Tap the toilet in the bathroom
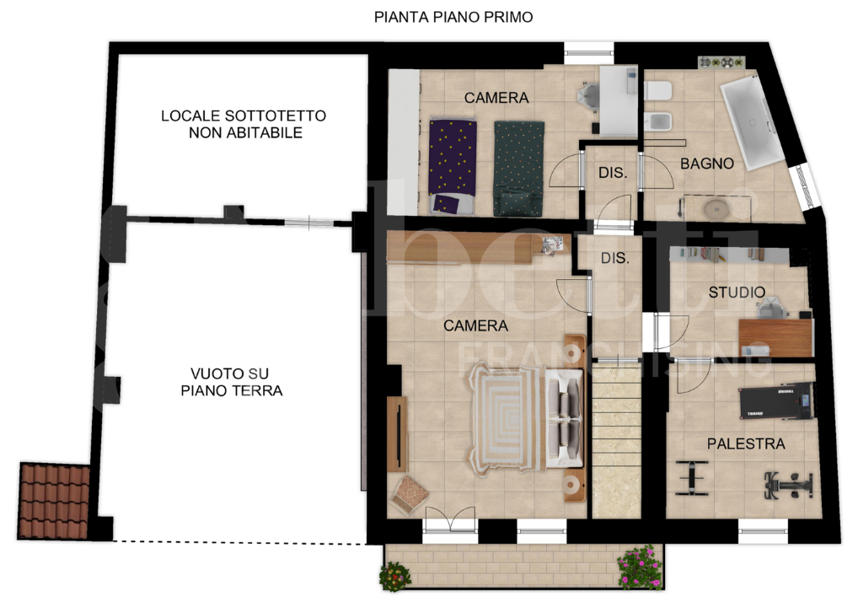(x=659, y=90)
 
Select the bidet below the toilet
(x=659, y=121)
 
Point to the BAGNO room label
(x=706, y=164)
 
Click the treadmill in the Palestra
(x=777, y=400)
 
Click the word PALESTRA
(x=746, y=443)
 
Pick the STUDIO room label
(x=737, y=293)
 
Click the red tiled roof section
(x=54, y=500)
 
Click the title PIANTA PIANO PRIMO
(x=453, y=17)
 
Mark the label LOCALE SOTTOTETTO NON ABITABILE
(x=244, y=124)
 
